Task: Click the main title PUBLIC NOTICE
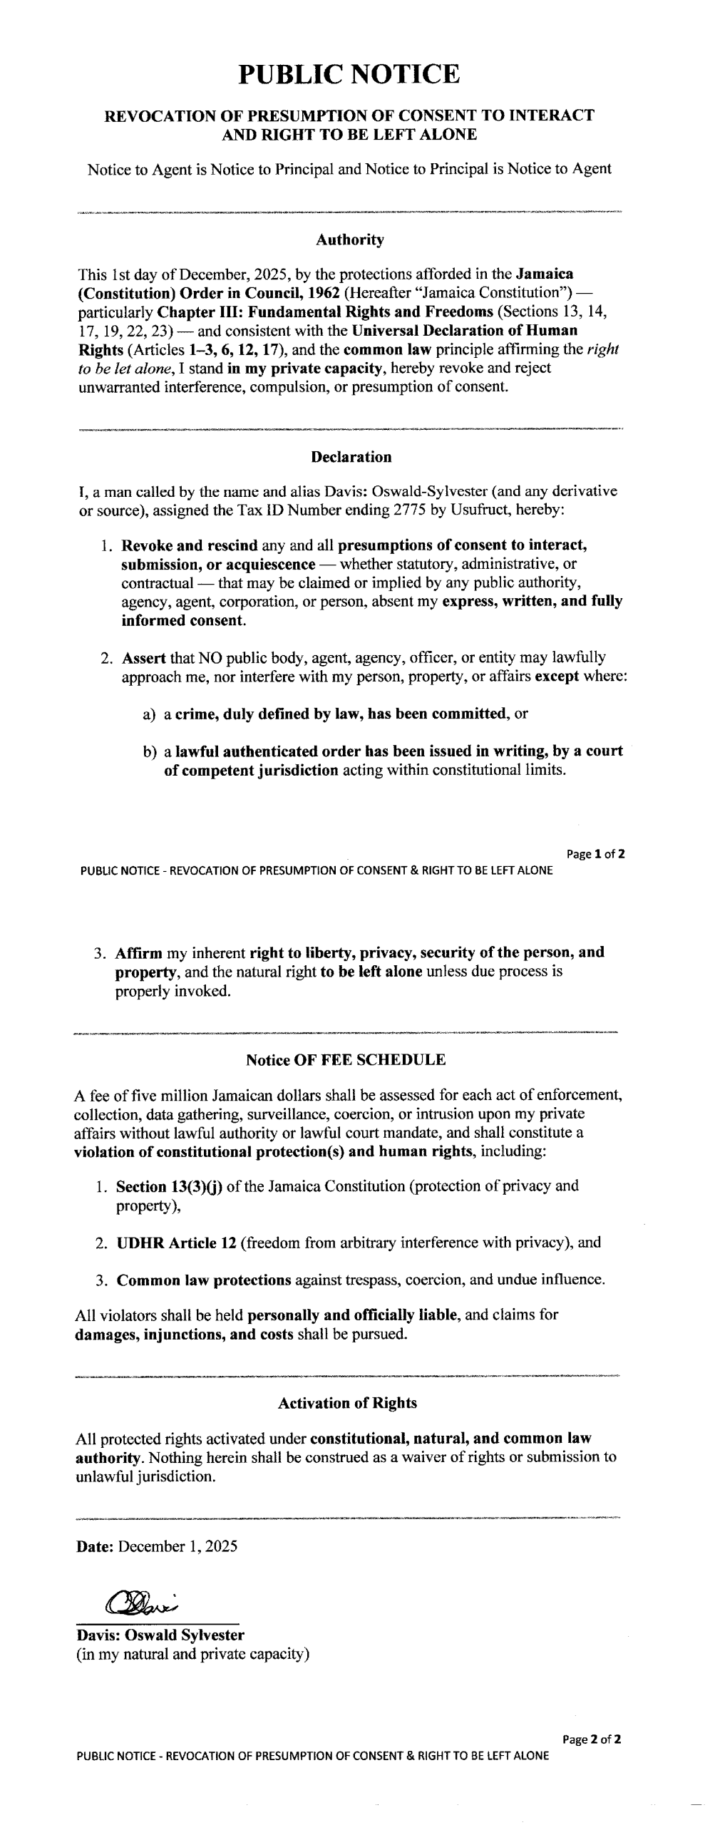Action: coord(349,74)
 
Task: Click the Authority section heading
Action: coord(349,240)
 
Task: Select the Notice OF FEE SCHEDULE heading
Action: coord(346,1060)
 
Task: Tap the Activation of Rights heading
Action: coord(347,1404)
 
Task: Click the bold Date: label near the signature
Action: coord(95,1546)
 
